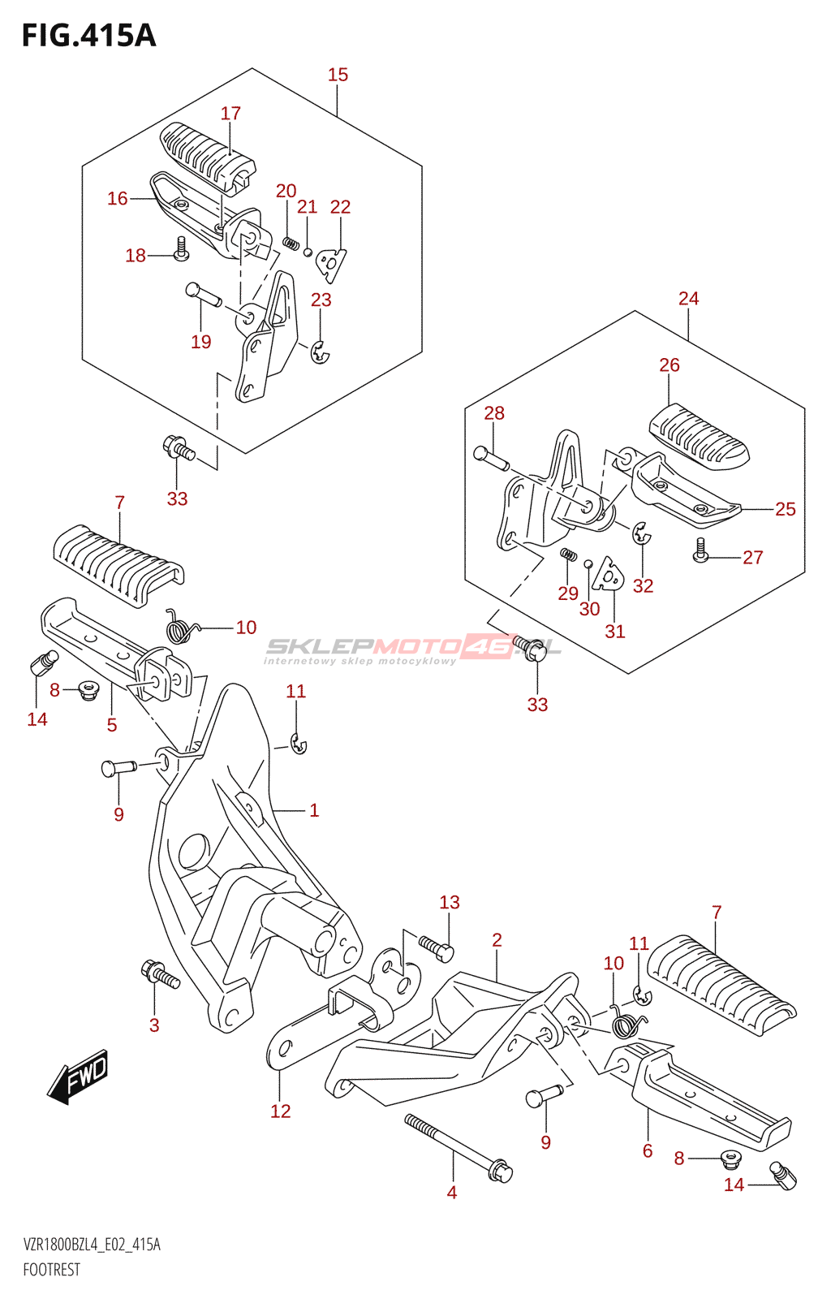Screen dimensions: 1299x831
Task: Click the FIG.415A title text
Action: pos(88,36)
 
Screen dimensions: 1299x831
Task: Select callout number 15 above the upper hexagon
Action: pos(338,75)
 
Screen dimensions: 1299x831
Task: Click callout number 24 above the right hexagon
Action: pos(688,299)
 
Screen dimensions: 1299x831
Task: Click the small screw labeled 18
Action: pos(181,248)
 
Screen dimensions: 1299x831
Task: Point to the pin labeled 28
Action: pos(491,458)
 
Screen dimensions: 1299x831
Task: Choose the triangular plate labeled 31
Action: pos(608,574)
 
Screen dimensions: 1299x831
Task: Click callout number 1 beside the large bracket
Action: pos(314,810)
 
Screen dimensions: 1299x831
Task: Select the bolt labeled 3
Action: pos(160,974)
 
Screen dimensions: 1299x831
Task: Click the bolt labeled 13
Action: pos(436,947)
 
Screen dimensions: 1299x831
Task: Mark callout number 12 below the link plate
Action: pos(280,1111)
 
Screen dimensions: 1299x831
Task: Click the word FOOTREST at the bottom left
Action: pos(52,1270)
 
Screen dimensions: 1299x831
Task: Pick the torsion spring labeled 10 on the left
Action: pos(181,626)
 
